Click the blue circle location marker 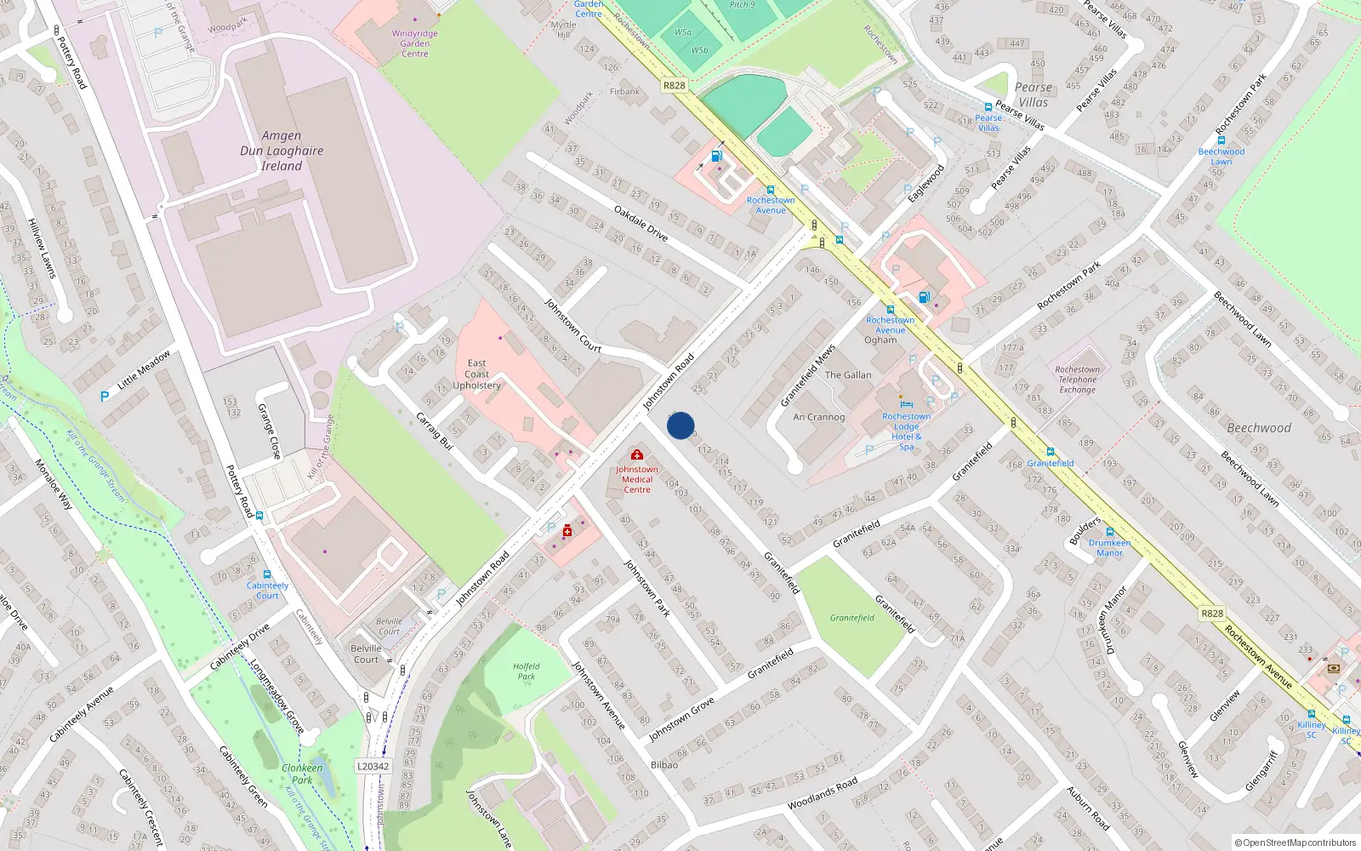(x=680, y=425)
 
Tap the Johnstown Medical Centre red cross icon (x=636, y=455)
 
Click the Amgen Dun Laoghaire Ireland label (x=282, y=151)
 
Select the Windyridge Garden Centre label (x=414, y=43)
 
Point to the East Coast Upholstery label (x=476, y=374)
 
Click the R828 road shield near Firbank (x=674, y=85)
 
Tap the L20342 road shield (x=373, y=766)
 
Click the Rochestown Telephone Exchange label (x=1077, y=380)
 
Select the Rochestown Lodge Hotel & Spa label (x=906, y=431)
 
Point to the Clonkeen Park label (x=302, y=773)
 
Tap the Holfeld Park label (x=526, y=671)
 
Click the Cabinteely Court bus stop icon (x=267, y=575)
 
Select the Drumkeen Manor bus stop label (x=1109, y=547)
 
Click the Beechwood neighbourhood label (x=1258, y=428)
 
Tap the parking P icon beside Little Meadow (x=105, y=396)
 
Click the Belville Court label (x=366, y=654)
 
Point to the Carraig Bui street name (x=435, y=431)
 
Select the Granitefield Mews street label (x=808, y=375)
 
